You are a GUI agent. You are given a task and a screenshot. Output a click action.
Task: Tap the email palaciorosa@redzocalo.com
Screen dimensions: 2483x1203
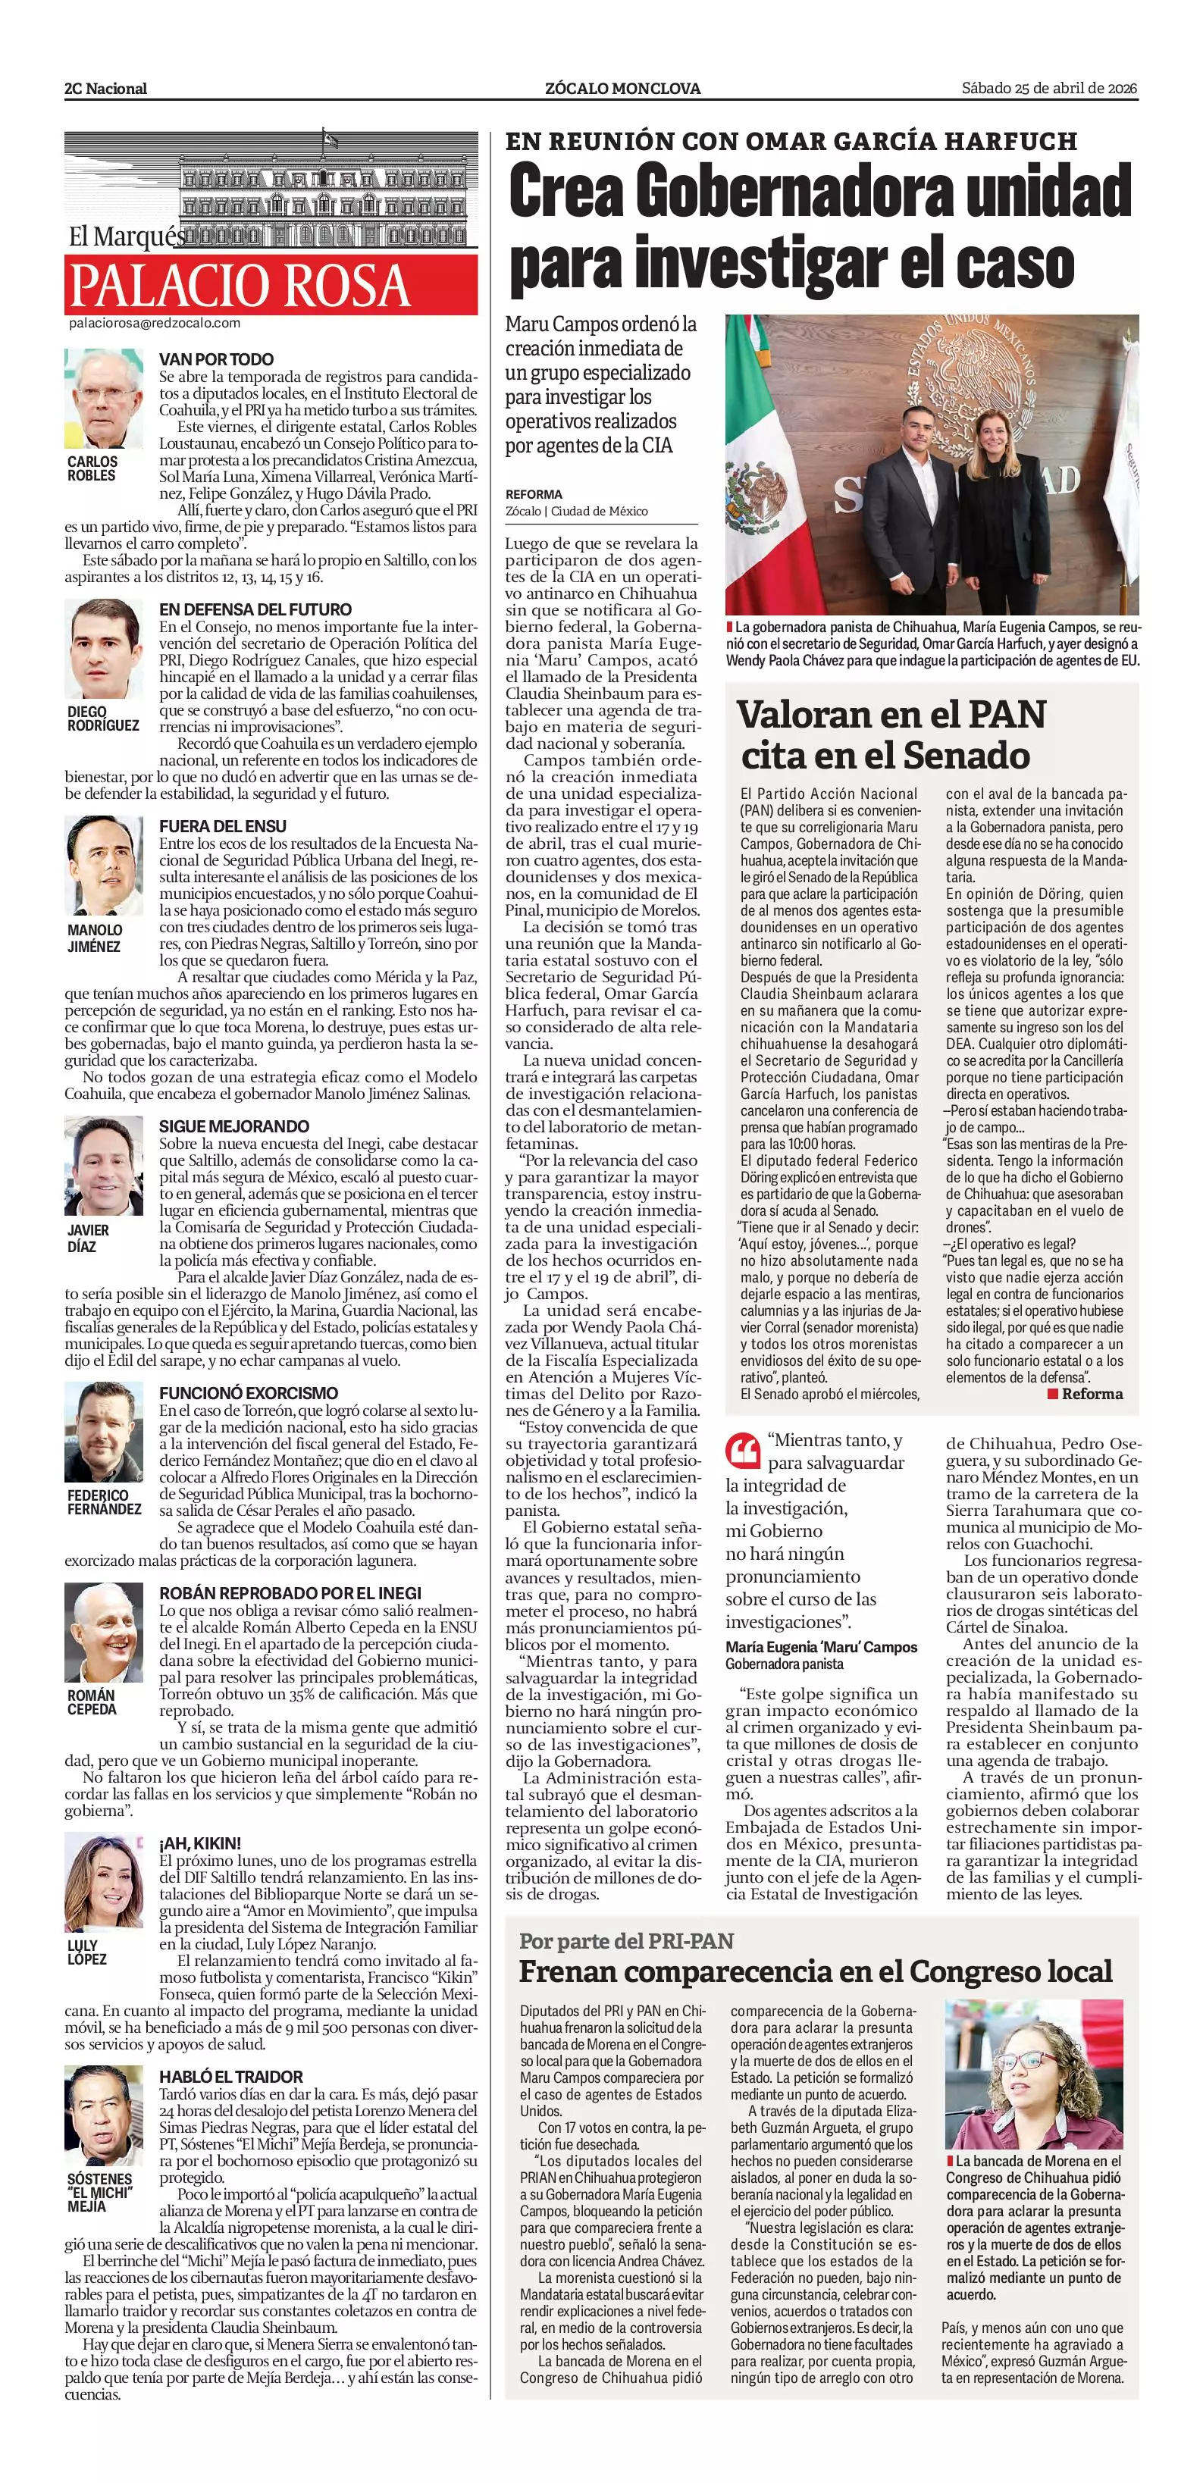(x=154, y=324)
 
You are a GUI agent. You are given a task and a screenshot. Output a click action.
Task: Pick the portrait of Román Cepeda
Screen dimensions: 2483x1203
(x=103, y=1634)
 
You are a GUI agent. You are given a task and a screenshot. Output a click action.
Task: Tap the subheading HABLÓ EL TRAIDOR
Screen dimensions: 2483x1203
(x=231, y=2076)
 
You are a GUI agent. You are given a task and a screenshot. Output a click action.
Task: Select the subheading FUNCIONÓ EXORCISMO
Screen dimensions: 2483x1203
(x=249, y=1393)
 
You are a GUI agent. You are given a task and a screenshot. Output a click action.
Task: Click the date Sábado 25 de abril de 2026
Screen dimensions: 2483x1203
(x=1050, y=89)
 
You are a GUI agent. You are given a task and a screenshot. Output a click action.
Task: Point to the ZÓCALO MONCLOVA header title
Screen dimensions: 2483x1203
(x=622, y=89)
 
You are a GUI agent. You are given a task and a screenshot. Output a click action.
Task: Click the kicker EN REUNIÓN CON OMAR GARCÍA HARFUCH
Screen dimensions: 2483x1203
(x=791, y=142)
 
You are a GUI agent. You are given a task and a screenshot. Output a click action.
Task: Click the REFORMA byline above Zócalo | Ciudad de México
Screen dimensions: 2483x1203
(x=533, y=494)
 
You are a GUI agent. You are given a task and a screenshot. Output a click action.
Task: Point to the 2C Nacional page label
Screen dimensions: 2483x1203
(x=106, y=89)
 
